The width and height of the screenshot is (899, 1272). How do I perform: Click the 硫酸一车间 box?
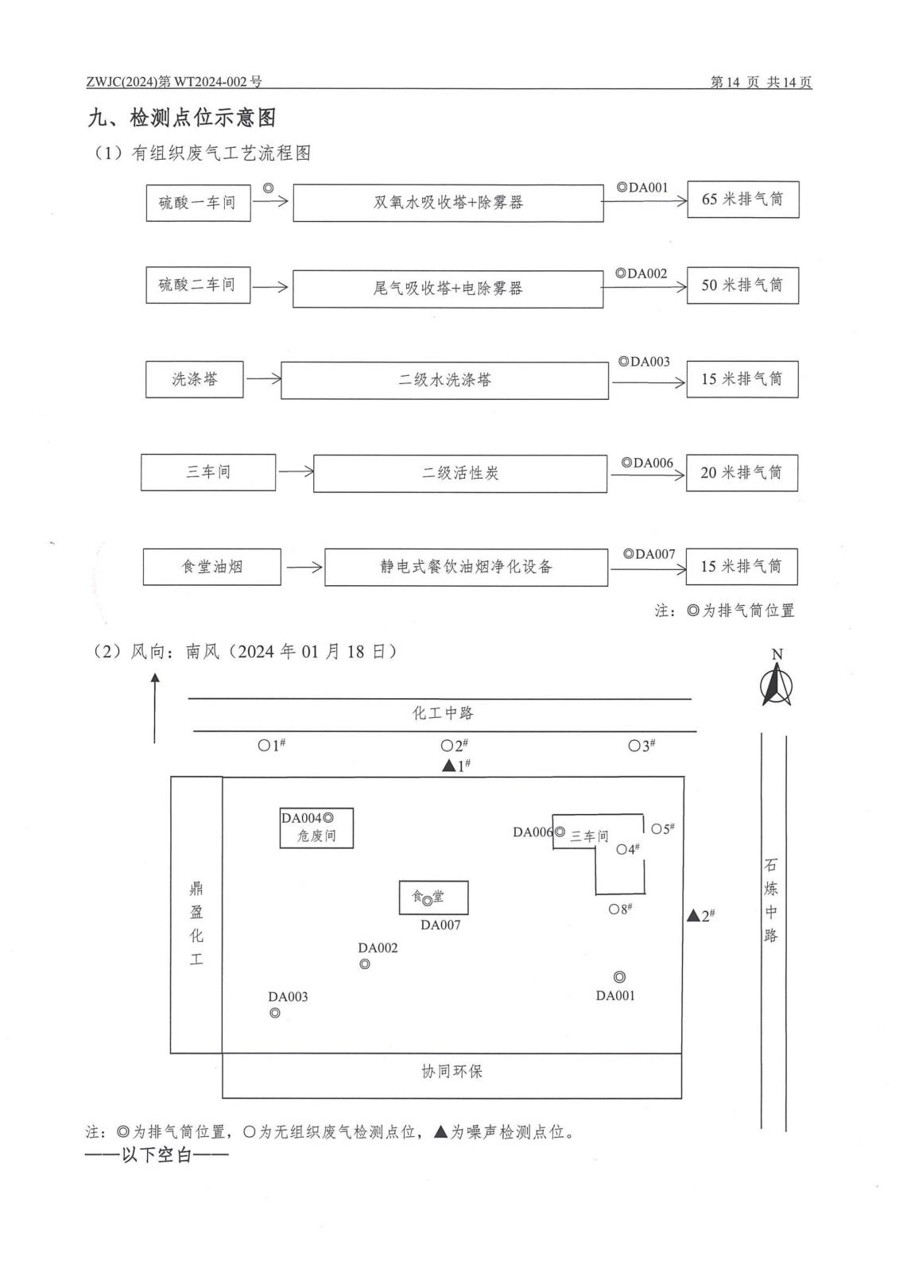point(198,203)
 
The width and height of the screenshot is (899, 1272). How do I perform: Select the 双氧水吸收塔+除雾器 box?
point(448,203)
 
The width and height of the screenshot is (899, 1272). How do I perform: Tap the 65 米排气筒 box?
point(742,200)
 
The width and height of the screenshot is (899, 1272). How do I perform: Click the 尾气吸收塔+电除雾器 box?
point(448,289)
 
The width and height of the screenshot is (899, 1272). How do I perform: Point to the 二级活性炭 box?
point(459,473)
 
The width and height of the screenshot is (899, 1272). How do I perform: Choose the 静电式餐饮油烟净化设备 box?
point(466,567)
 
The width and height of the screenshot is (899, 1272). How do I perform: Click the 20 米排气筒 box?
point(741,472)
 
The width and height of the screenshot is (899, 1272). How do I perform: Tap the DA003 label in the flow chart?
point(645,363)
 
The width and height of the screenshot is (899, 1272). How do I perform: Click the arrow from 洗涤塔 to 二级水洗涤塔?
point(264,379)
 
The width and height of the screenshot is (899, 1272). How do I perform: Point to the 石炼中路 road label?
point(771,900)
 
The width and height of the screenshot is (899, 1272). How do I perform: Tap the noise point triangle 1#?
point(449,766)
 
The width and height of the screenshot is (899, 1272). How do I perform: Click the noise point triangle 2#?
point(693,916)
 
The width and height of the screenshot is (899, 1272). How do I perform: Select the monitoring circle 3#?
point(634,746)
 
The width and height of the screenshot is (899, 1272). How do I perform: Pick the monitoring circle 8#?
point(614,909)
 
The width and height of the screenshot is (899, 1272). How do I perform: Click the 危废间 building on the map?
point(316,828)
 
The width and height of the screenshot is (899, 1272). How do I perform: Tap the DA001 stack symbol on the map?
point(619,977)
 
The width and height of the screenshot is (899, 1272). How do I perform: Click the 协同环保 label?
point(451,1072)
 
